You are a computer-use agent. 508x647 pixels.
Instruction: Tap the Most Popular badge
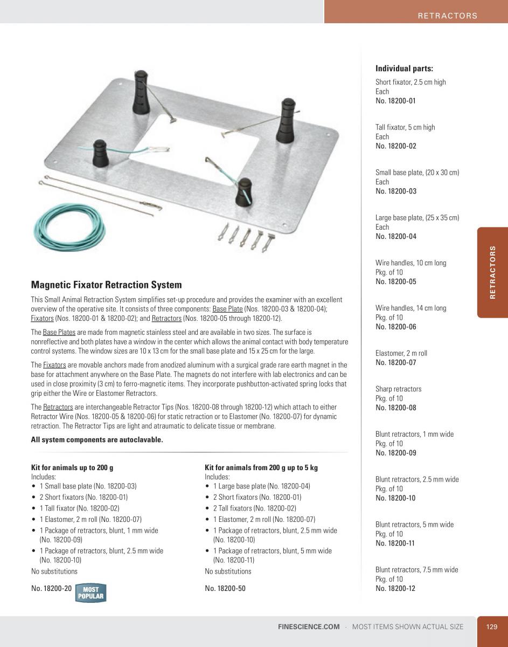tap(90, 593)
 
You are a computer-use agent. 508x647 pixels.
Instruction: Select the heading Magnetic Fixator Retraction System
tap(106, 285)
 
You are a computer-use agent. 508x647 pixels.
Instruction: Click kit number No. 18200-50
tap(225, 588)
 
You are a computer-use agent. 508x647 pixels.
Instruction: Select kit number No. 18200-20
tap(51, 588)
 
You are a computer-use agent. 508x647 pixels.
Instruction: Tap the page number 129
tap(491, 627)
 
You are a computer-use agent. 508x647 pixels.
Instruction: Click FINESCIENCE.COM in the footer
tap(309, 627)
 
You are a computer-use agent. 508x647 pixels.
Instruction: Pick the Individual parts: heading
tap(404, 68)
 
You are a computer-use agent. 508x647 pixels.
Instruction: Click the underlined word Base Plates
tap(59, 332)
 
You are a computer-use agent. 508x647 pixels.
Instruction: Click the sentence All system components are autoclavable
tap(97, 439)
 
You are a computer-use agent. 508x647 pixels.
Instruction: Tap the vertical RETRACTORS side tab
tap(492, 272)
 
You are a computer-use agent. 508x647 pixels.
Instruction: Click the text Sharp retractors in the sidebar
tap(398, 389)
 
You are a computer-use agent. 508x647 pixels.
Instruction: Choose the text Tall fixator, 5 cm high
tap(405, 127)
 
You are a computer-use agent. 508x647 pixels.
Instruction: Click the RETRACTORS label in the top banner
tap(447, 16)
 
